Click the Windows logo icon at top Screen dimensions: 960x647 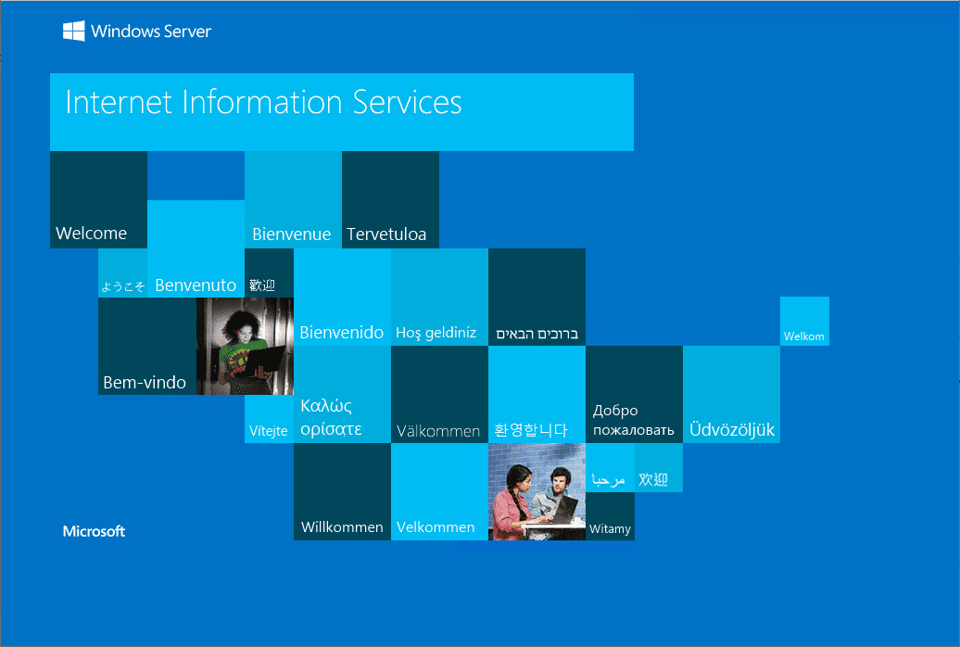click(x=73, y=31)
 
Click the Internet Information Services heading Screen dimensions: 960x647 click(x=263, y=102)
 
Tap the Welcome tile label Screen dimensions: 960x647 click(x=91, y=234)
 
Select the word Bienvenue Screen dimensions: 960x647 click(x=291, y=234)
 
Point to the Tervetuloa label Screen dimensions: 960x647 click(x=386, y=234)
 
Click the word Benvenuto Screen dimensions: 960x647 click(x=196, y=285)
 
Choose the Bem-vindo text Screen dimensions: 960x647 click(x=145, y=382)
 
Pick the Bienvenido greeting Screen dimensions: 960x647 click(x=341, y=332)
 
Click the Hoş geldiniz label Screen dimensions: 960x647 click(x=436, y=333)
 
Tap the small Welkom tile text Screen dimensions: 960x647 click(x=804, y=336)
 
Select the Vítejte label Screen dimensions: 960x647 click(x=268, y=431)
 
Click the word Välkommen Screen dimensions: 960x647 click(x=438, y=431)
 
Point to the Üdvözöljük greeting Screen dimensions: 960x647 click(x=732, y=429)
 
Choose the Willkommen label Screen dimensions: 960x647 click(x=342, y=526)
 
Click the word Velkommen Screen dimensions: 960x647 click(x=436, y=526)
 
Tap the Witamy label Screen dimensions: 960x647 click(x=610, y=528)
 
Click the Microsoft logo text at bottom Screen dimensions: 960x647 click(x=94, y=531)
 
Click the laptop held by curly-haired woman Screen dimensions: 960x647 click(x=263, y=362)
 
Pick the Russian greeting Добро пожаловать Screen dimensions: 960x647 click(x=633, y=420)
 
